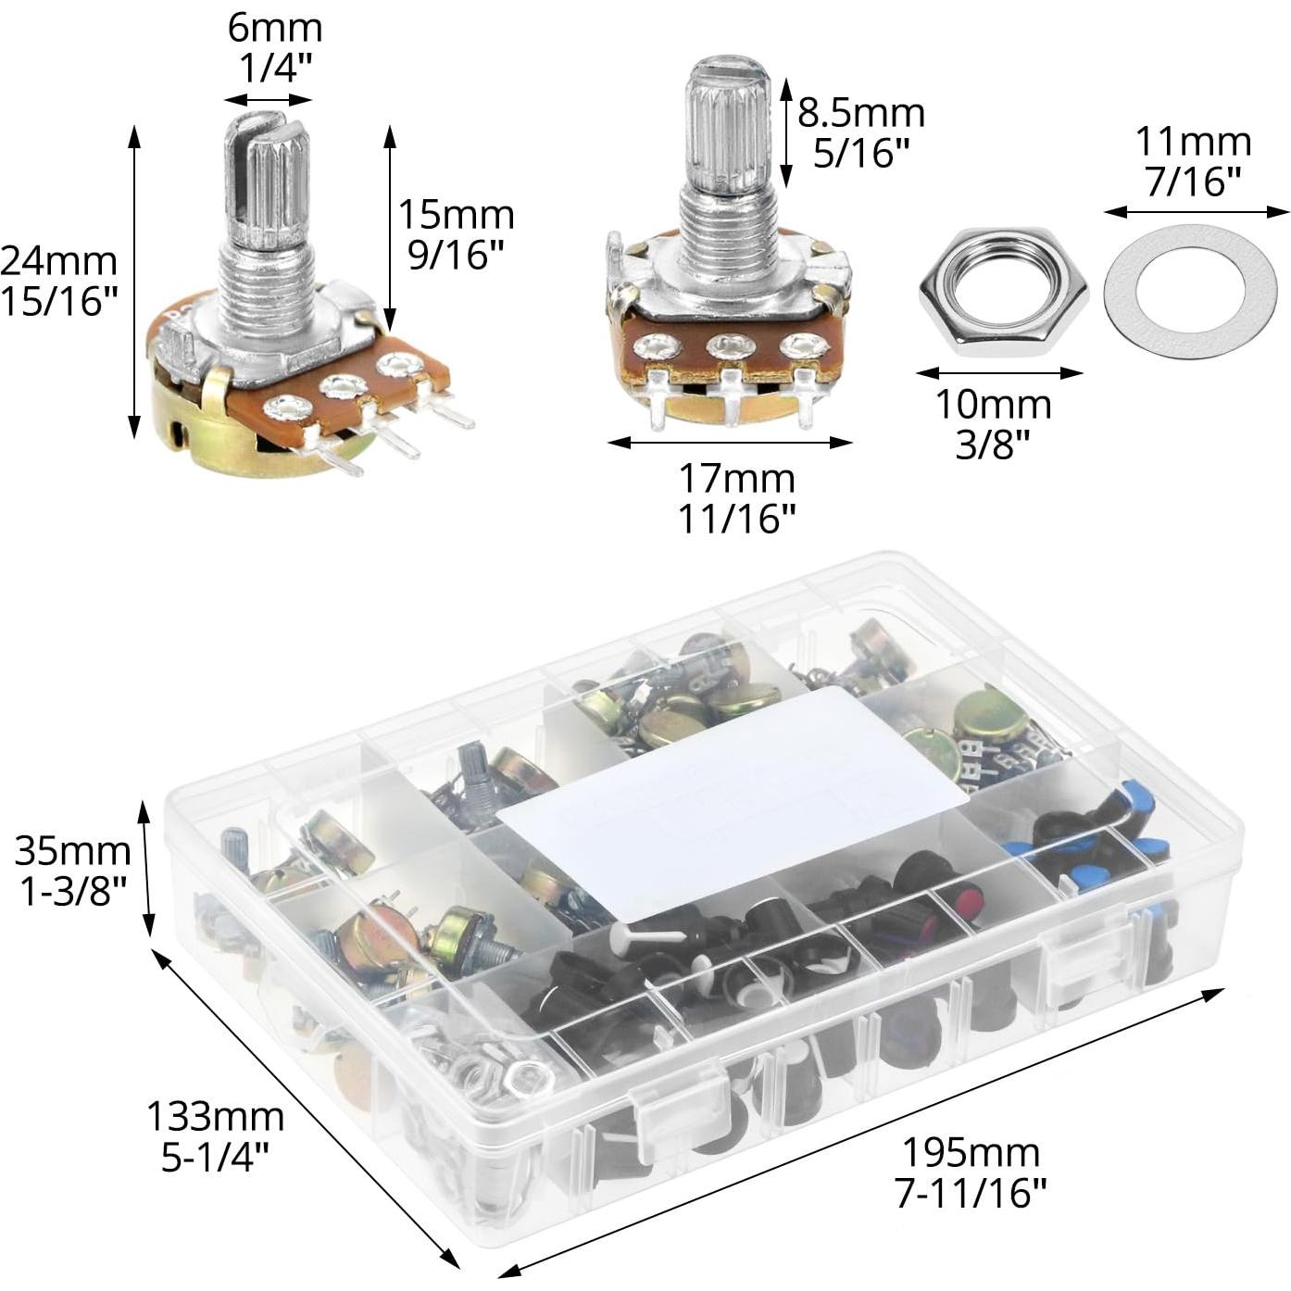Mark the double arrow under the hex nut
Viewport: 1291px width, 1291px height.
coord(999,373)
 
